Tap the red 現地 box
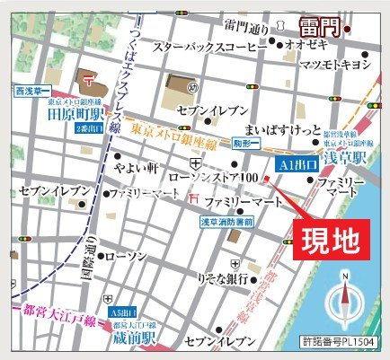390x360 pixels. tap(329, 241)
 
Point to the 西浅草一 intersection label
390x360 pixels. tap(32, 91)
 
